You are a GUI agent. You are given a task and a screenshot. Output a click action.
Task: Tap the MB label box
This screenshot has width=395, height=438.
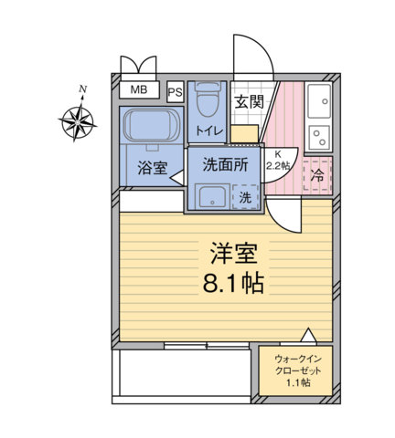click(x=138, y=89)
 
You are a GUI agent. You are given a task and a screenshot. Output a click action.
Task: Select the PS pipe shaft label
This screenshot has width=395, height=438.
click(x=175, y=92)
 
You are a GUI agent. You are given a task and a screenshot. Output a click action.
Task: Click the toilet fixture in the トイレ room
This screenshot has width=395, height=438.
click(x=208, y=102)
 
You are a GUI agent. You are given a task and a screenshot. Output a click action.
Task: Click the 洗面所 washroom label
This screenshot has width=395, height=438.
click(x=225, y=167)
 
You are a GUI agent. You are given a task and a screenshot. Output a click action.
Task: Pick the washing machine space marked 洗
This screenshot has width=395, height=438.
click(x=245, y=195)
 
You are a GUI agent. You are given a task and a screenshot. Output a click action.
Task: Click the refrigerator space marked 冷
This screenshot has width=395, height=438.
click(x=317, y=173)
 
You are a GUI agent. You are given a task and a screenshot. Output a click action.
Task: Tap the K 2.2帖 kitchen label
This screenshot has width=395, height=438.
click(x=276, y=162)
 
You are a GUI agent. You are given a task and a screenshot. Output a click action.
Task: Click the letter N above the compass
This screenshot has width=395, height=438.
click(x=83, y=89)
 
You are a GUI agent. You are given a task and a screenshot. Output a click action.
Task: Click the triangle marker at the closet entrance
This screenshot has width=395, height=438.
click(x=309, y=334)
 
